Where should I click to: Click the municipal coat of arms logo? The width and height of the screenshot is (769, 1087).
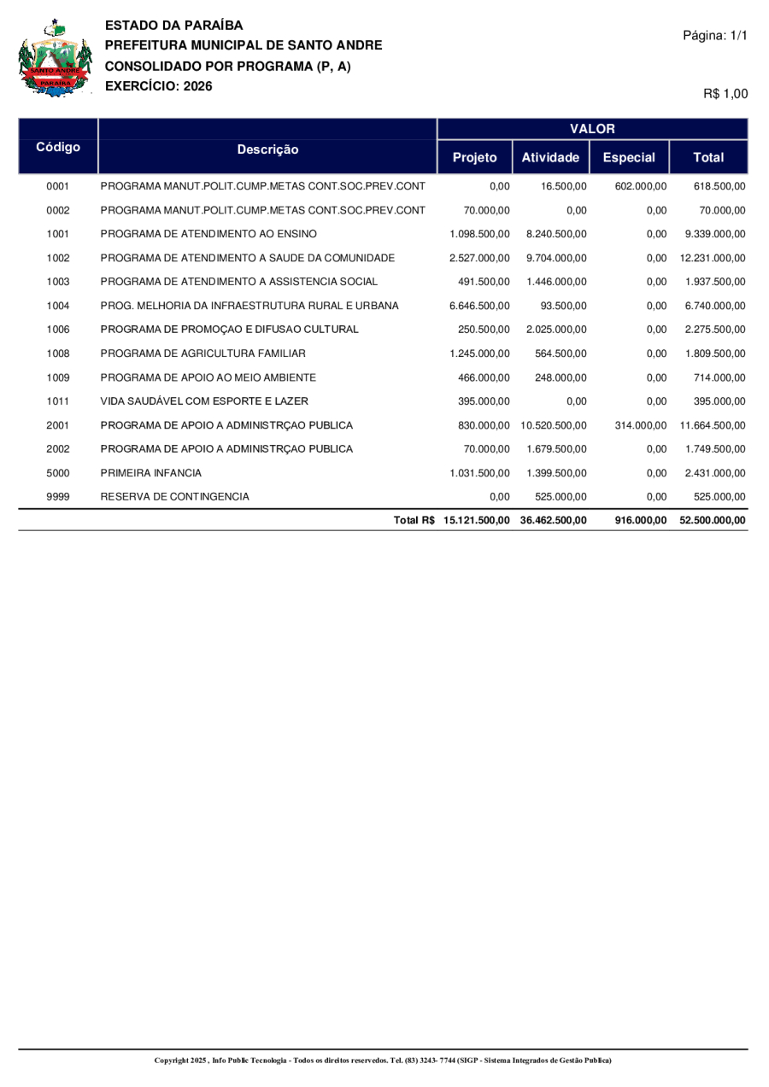tap(56, 59)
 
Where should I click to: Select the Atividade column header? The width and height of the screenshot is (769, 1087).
tap(550, 158)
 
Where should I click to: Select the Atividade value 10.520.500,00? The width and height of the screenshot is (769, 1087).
tap(551, 424)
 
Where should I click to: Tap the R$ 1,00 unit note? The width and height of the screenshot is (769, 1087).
tap(725, 95)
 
